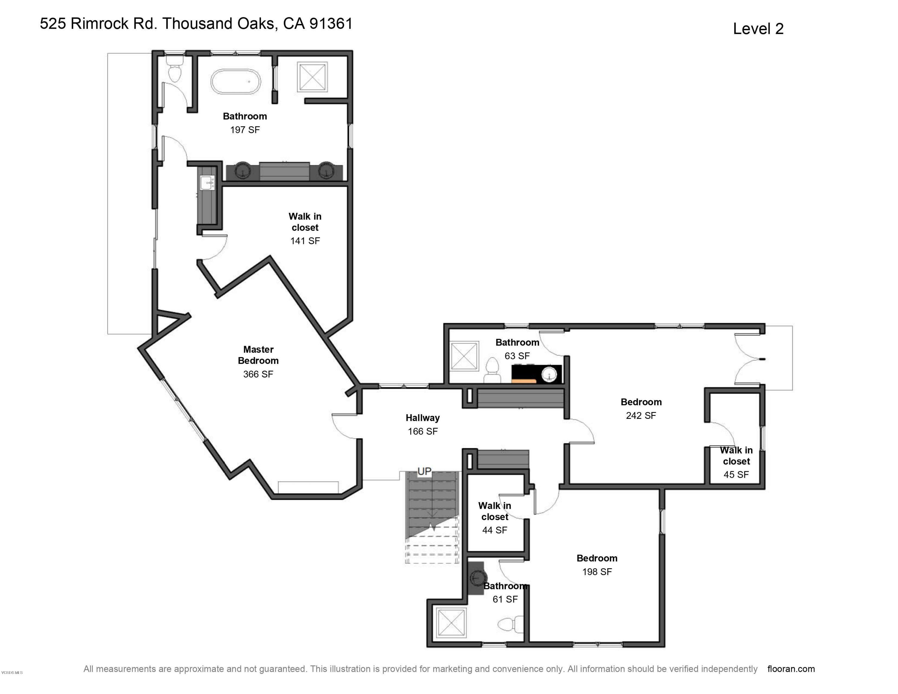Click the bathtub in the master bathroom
pyautogui.click(x=236, y=81)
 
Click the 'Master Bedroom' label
pyautogui.click(x=258, y=355)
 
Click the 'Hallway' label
pyautogui.click(x=423, y=418)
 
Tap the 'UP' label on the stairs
pyautogui.click(x=424, y=471)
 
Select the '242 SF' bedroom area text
pyautogui.click(x=641, y=416)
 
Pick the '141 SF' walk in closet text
pyautogui.click(x=305, y=241)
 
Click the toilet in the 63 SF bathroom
pyautogui.click(x=492, y=370)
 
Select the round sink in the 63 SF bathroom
pyautogui.click(x=549, y=375)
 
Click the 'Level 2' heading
pyautogui.click(x=758, y=29)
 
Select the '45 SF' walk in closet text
pyautogui.click(x=736, y=475)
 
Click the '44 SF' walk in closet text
pyautogui.click(x=494, y=530)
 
